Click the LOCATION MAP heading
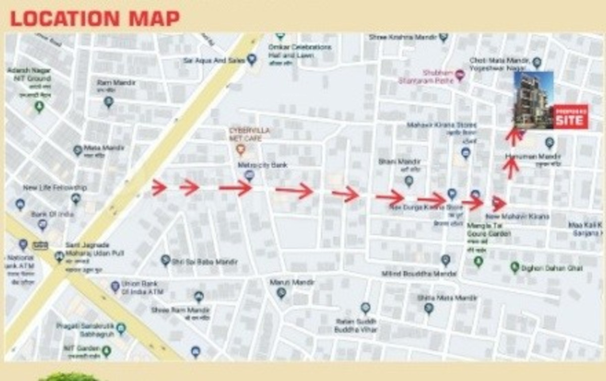[95, 19]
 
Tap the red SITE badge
[570, 117]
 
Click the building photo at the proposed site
[533, 99]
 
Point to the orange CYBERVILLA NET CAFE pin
[241, 149]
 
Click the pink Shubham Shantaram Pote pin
[460, 76]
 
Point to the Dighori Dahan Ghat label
[553, 268]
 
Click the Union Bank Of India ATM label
[142, 288]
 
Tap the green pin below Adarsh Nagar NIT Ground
[39, 106]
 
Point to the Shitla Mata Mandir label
[447, 298]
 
